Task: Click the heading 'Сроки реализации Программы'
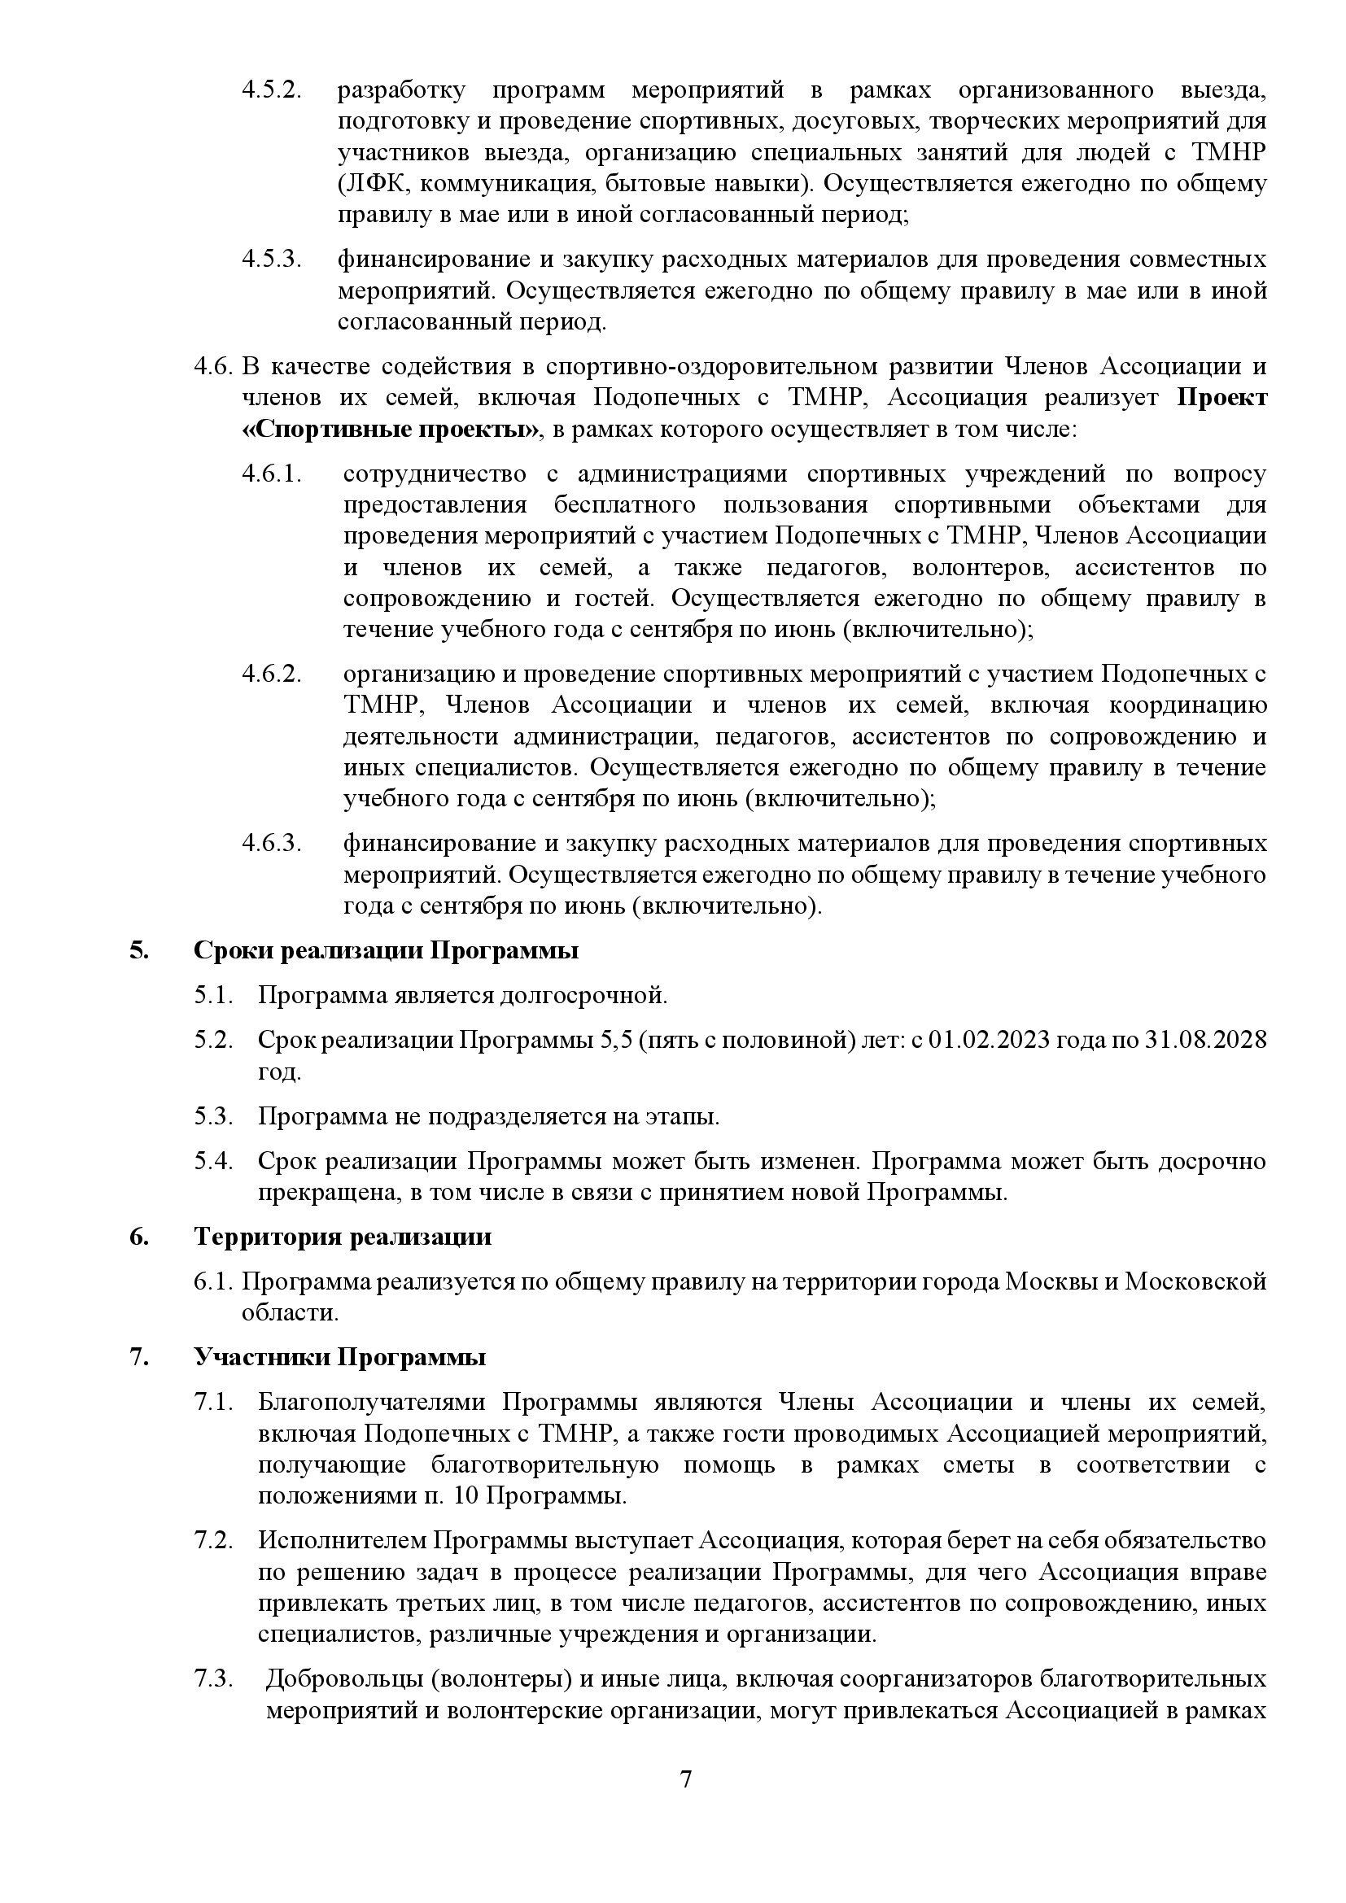[386, 949]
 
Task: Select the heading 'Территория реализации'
[343, 1237]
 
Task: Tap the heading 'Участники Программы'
[339, 1358]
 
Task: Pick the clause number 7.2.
[212, 1541]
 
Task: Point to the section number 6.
[138, 1237]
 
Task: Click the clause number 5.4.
[212, 1160]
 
